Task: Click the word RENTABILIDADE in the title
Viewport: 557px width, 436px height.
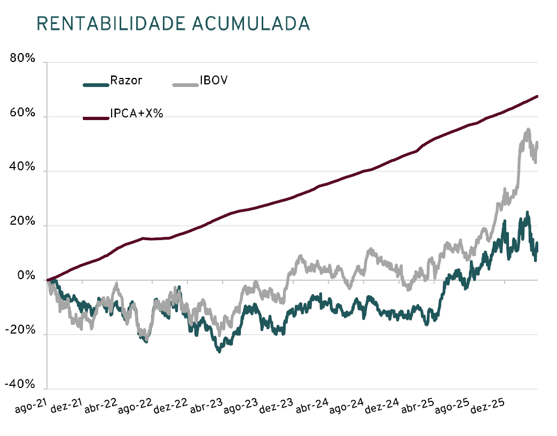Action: coord(110,23)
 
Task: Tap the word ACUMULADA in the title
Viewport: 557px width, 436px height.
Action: coord(250,23)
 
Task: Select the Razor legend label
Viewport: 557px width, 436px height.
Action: coord(126,81)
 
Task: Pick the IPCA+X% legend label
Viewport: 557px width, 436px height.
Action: coord(136,113)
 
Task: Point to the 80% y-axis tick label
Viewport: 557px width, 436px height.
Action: coord(23,60)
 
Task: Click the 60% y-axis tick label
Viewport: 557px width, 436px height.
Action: coord(23,114)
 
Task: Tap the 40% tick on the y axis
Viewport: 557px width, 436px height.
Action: coord(23,168)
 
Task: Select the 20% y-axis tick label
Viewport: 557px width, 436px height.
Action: coord(23,223)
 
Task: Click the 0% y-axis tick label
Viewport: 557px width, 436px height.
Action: coord(26,277)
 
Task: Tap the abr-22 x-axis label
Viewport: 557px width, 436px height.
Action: coord(100,408)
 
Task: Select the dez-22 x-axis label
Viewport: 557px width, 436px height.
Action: coord(171,408)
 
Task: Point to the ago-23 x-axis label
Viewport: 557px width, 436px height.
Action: coord(241,408)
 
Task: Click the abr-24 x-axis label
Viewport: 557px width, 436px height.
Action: coord(312,408)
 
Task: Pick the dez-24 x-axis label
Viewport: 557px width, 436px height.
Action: coord(382,408)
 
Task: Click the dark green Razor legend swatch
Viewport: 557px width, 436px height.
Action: coord(96,84)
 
